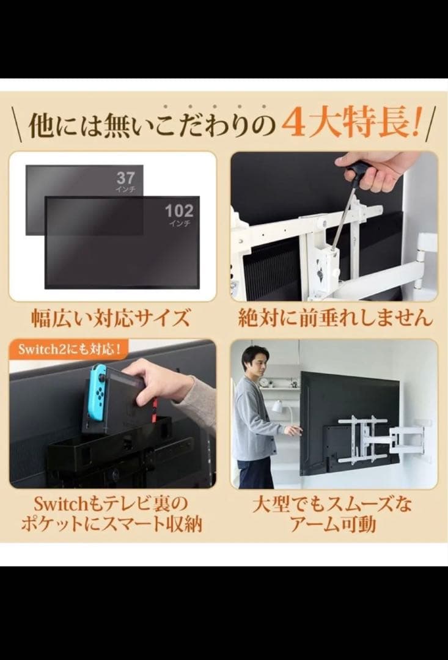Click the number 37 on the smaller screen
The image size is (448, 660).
(x=125, y=178)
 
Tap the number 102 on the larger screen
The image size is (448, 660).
(x=179, y=211)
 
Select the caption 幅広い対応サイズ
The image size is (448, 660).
(x=112, y=318)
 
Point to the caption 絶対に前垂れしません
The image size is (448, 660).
(x=334, y=318)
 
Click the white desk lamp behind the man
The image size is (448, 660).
(x=276, y=406)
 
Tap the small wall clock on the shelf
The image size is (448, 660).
(x=264, y=382)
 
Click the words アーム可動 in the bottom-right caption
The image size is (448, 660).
(x=334, y=524)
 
